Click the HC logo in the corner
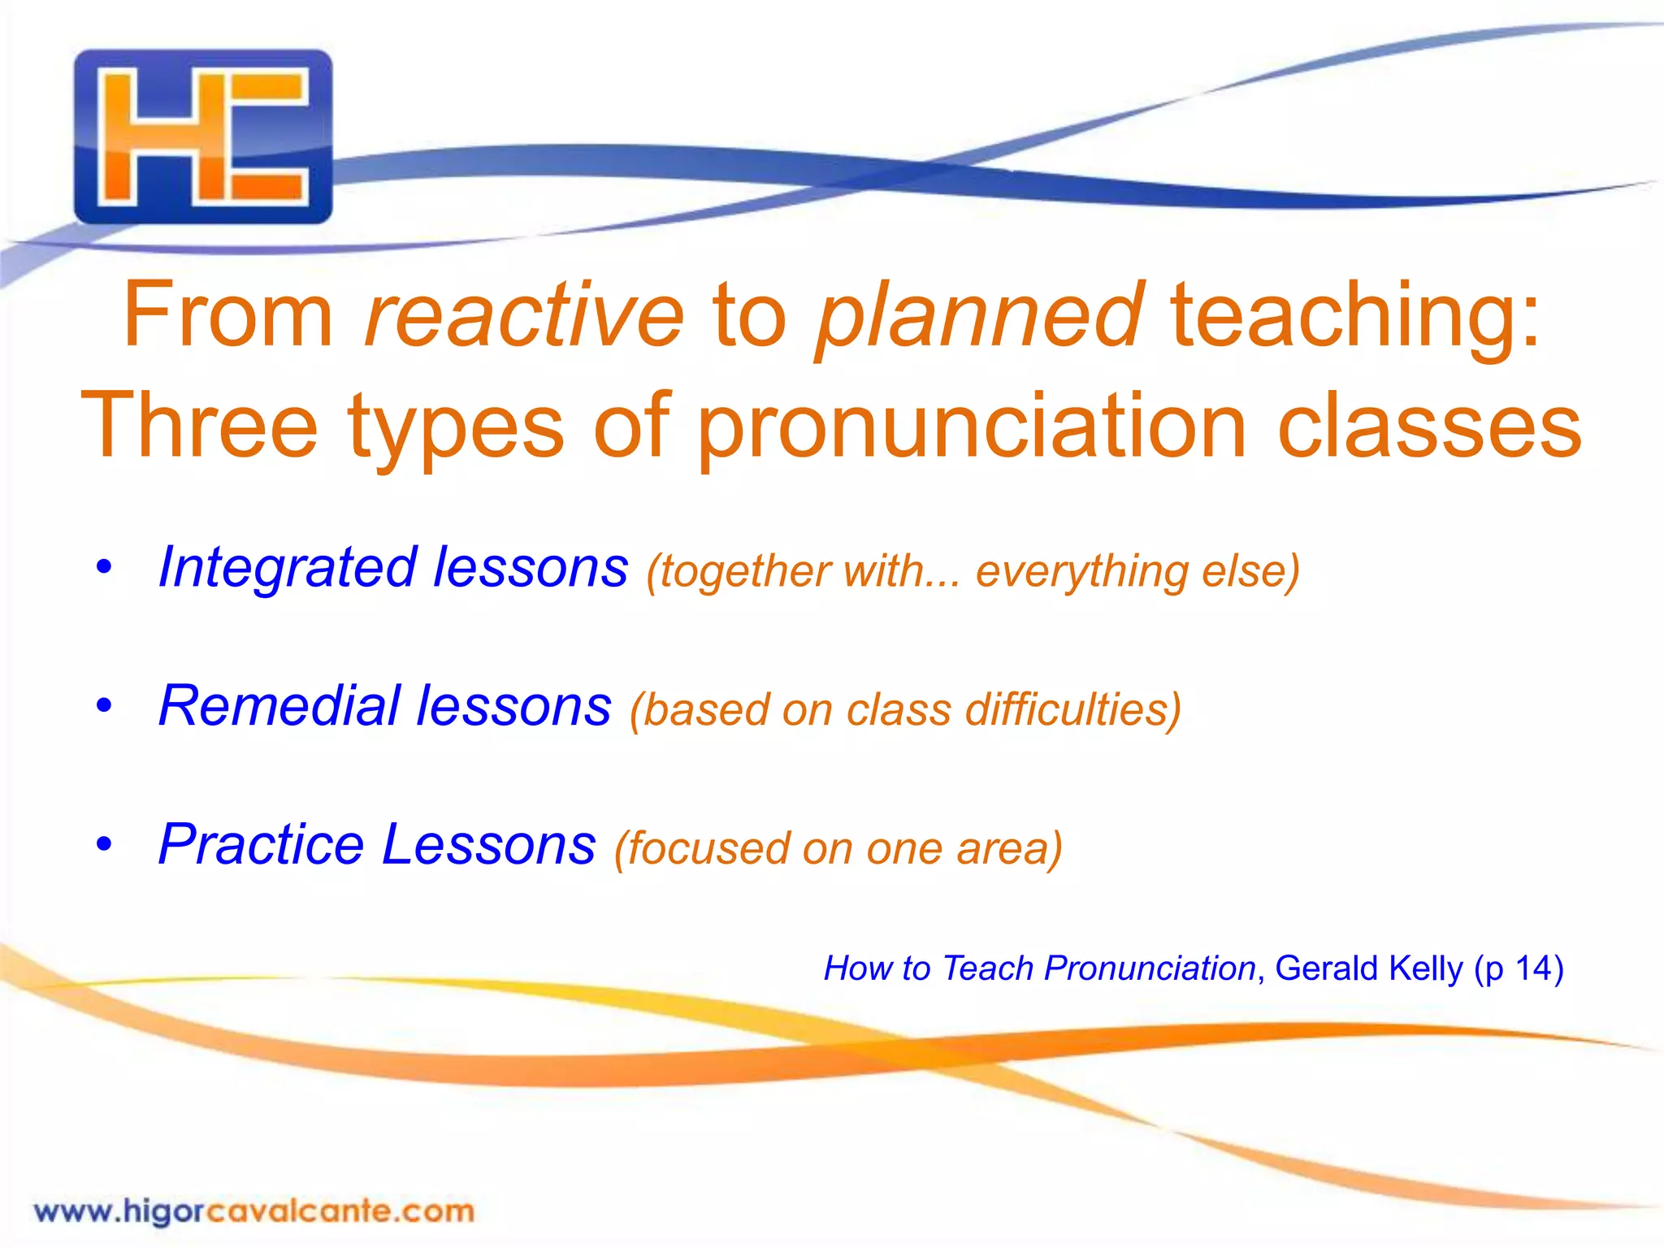[x=203, y=136]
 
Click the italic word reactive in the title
[x=525, y=315]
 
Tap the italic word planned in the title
[x=980, y=315]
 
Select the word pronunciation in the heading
[x=972, y=427]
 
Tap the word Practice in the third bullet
[x=261, y=844]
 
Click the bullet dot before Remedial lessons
[x=103, y=705]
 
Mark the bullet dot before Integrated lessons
[x=103, y=567]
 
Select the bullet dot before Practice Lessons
[x=103, y=844]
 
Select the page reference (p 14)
[x=1519, y=968]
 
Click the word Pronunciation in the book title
[x=1150, y=968]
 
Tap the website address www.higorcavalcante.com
[x=253, y=1211]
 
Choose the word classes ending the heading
[x=1429, y=427]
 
